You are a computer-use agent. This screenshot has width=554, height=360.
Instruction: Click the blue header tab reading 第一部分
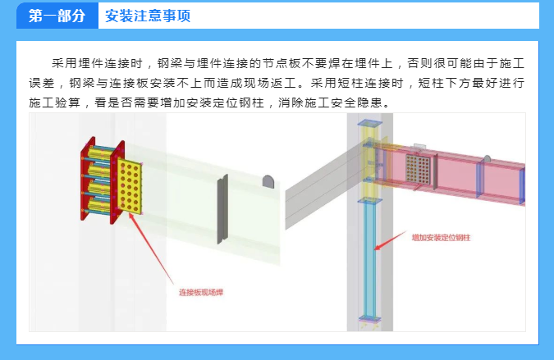tap(57, 16)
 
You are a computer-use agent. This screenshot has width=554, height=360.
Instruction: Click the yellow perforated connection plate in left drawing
tap(130, 187)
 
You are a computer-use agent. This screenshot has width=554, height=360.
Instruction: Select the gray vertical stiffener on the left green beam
tap(220, 208)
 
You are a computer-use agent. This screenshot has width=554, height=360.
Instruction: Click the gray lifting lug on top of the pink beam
tap(487, 157)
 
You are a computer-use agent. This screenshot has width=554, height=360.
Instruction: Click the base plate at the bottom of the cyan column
tap(369, 319)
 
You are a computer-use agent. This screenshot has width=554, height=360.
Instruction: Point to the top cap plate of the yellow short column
tap(369, 123)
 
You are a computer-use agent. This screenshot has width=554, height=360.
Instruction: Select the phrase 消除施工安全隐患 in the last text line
tap(329, 103)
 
